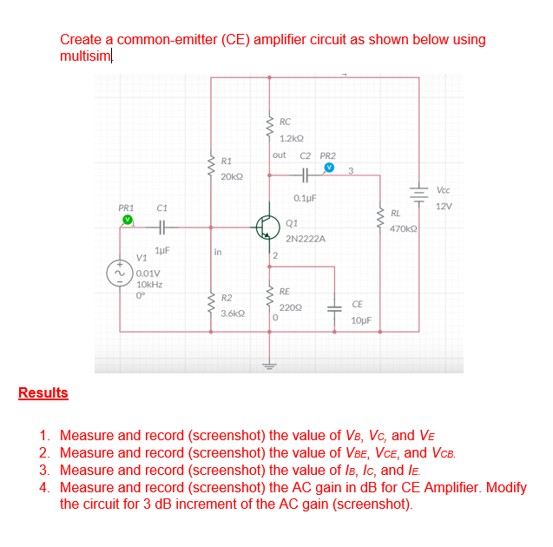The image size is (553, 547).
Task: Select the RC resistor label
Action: tap(286, 122)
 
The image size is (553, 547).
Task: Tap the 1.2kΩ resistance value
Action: tap(291, 137)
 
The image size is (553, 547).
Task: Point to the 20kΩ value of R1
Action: tap(231, 176)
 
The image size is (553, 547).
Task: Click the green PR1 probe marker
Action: tap(127, 221)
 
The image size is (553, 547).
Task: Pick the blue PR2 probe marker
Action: tap(329, 168)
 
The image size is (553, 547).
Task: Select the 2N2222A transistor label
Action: tap(305, 237)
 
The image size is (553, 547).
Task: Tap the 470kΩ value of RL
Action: tap(404, 227)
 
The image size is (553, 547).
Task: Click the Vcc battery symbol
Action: tap(419, 195)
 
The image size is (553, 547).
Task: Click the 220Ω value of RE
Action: tap(290, 306)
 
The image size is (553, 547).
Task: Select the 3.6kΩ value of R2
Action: tap(232, 313)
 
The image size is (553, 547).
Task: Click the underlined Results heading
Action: tap(43, 393)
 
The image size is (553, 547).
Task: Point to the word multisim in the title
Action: tap(85, 56)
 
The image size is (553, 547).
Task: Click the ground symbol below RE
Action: tap(269, 366)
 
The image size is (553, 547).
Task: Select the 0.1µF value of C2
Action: tap(305, 198)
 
